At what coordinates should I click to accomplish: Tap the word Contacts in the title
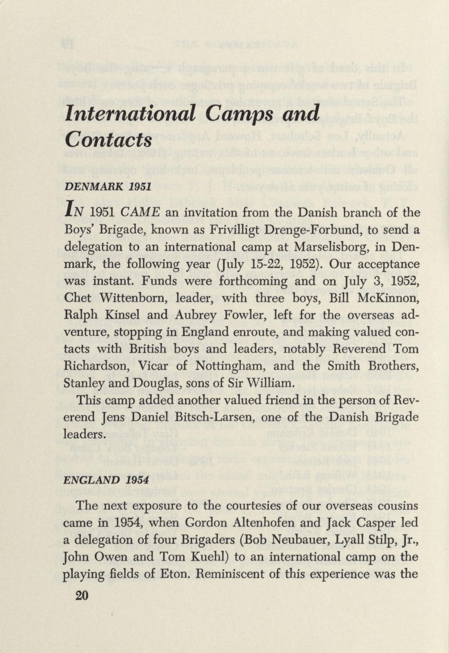109,139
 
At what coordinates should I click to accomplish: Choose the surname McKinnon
387,298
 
